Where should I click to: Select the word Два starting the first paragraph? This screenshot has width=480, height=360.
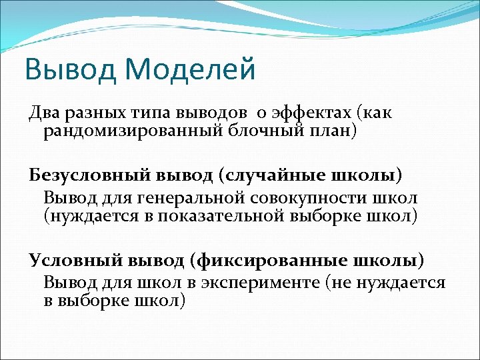click(43, 113)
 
